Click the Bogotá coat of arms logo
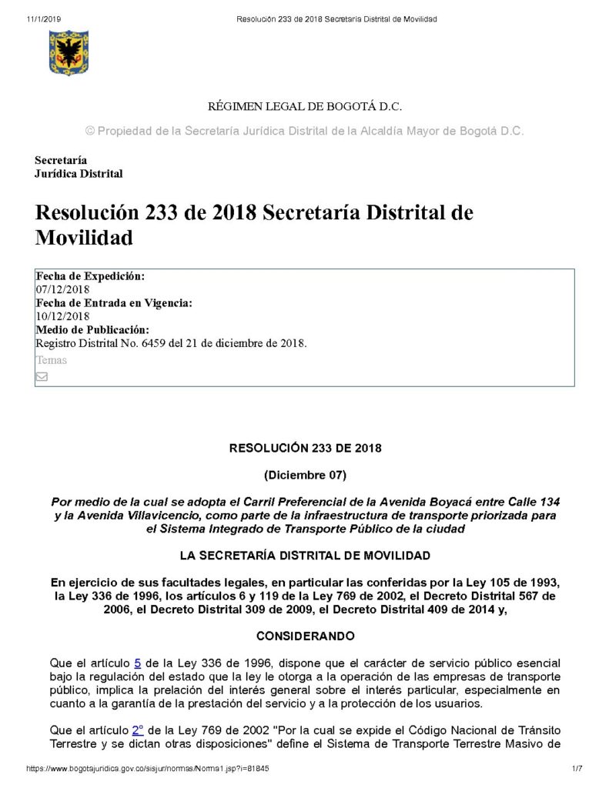68,52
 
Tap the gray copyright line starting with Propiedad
304,132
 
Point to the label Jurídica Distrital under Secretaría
79,174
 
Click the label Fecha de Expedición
90,276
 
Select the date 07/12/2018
62,289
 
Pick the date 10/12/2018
62,316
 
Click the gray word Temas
51,360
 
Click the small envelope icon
42,376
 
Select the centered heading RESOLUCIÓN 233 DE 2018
305,448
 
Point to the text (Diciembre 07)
305,474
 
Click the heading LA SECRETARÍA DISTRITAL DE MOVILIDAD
305,555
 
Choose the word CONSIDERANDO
305,636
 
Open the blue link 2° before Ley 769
139,730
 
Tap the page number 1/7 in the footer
577,769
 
